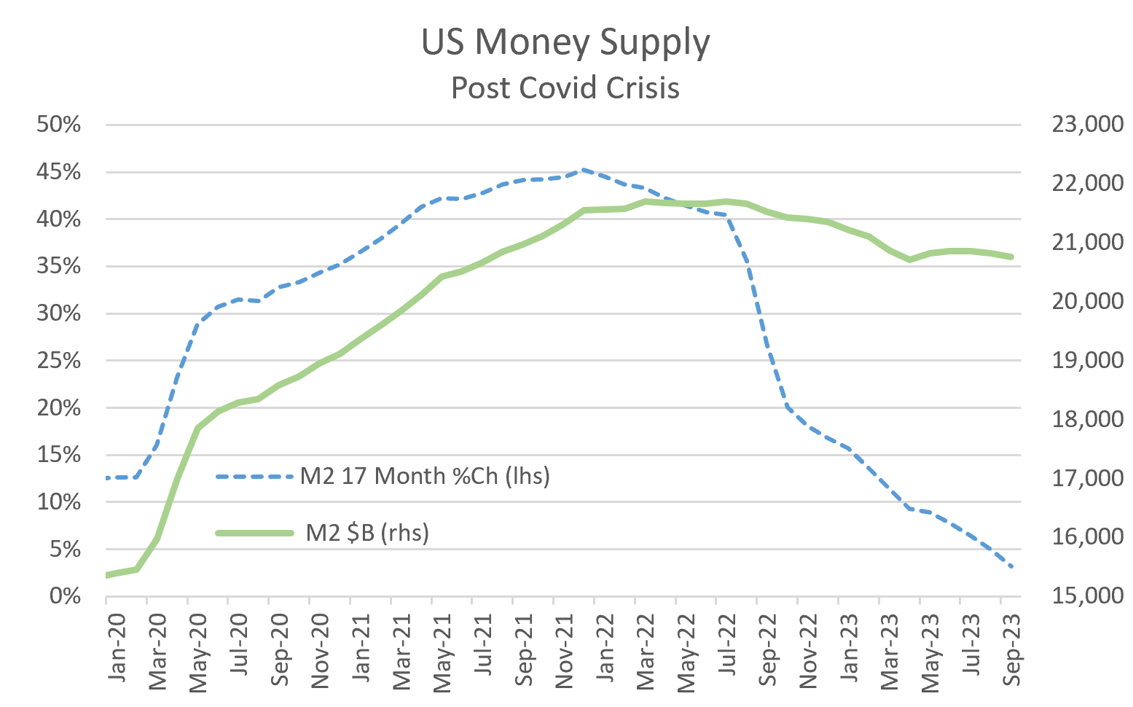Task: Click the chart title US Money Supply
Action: click(x=565, y=42)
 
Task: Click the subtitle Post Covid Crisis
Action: click(x=565, y=88)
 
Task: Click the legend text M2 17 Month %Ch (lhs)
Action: click(x=425, y=476)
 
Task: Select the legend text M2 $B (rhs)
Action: click(x=367, y=533)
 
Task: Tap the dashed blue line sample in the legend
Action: click(x=254, y=477)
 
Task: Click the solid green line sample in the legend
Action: click(x=254, y=533)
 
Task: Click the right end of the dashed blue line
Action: click(x=1012, y=567)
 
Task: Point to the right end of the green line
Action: click(x=1012, y=257)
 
